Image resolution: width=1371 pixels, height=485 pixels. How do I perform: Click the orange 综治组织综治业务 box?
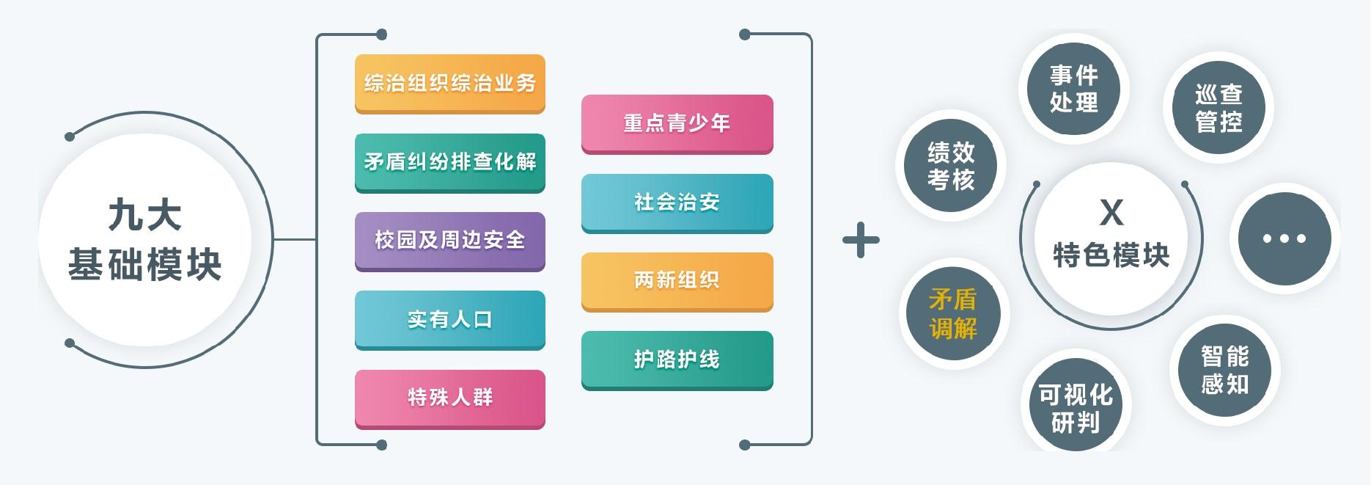[449, 83]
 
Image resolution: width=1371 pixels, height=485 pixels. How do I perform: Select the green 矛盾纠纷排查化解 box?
[449, 161]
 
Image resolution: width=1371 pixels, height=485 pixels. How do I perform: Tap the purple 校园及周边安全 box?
[449, 240]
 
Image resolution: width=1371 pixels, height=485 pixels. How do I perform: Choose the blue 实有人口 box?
[449, 319]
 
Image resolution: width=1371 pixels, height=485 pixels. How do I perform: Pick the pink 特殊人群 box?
[449, 398]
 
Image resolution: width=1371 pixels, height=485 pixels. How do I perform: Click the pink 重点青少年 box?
[677, 123]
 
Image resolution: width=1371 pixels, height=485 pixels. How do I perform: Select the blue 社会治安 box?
[677, 202]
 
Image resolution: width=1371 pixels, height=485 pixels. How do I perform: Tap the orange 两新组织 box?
[677, 280]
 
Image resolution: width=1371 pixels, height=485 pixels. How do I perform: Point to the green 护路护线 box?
[677, 359]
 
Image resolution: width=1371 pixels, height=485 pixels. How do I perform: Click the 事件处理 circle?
[1073, 89]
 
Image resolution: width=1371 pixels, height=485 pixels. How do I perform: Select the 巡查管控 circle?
[1219, 107]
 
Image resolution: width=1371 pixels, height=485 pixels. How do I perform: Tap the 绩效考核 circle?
[951, 166]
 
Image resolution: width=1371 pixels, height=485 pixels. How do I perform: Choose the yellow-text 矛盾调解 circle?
[953, 314]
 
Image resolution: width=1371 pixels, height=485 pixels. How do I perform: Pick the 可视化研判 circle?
[1076, 408]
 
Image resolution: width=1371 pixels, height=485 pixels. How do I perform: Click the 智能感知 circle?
[1224, 371]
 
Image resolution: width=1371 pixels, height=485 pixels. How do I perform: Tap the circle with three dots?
[1284, 238]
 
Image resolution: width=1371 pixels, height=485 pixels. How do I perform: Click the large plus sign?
[861, 241]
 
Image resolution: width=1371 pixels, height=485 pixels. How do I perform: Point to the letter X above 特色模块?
[1111, 213]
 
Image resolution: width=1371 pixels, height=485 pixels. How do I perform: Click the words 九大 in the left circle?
[145, 216]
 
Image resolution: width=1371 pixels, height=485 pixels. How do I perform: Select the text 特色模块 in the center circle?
[1111, 255]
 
